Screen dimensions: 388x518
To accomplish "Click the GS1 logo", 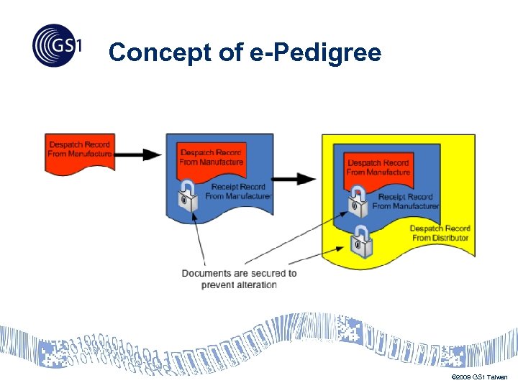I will click(57, 45).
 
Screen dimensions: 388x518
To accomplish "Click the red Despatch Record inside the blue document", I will click(212, 159).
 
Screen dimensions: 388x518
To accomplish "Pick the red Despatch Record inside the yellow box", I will click(378, 167).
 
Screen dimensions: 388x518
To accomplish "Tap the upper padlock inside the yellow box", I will click(358, 204).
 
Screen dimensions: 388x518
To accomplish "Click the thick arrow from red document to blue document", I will click(138, 154).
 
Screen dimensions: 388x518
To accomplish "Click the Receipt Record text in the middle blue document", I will click(238, 192).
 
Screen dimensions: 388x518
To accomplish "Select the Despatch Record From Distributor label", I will click(440, 233).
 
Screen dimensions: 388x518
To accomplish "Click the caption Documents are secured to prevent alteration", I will click(239, 279).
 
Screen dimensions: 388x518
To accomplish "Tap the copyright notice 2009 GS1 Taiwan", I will click(478, 377).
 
